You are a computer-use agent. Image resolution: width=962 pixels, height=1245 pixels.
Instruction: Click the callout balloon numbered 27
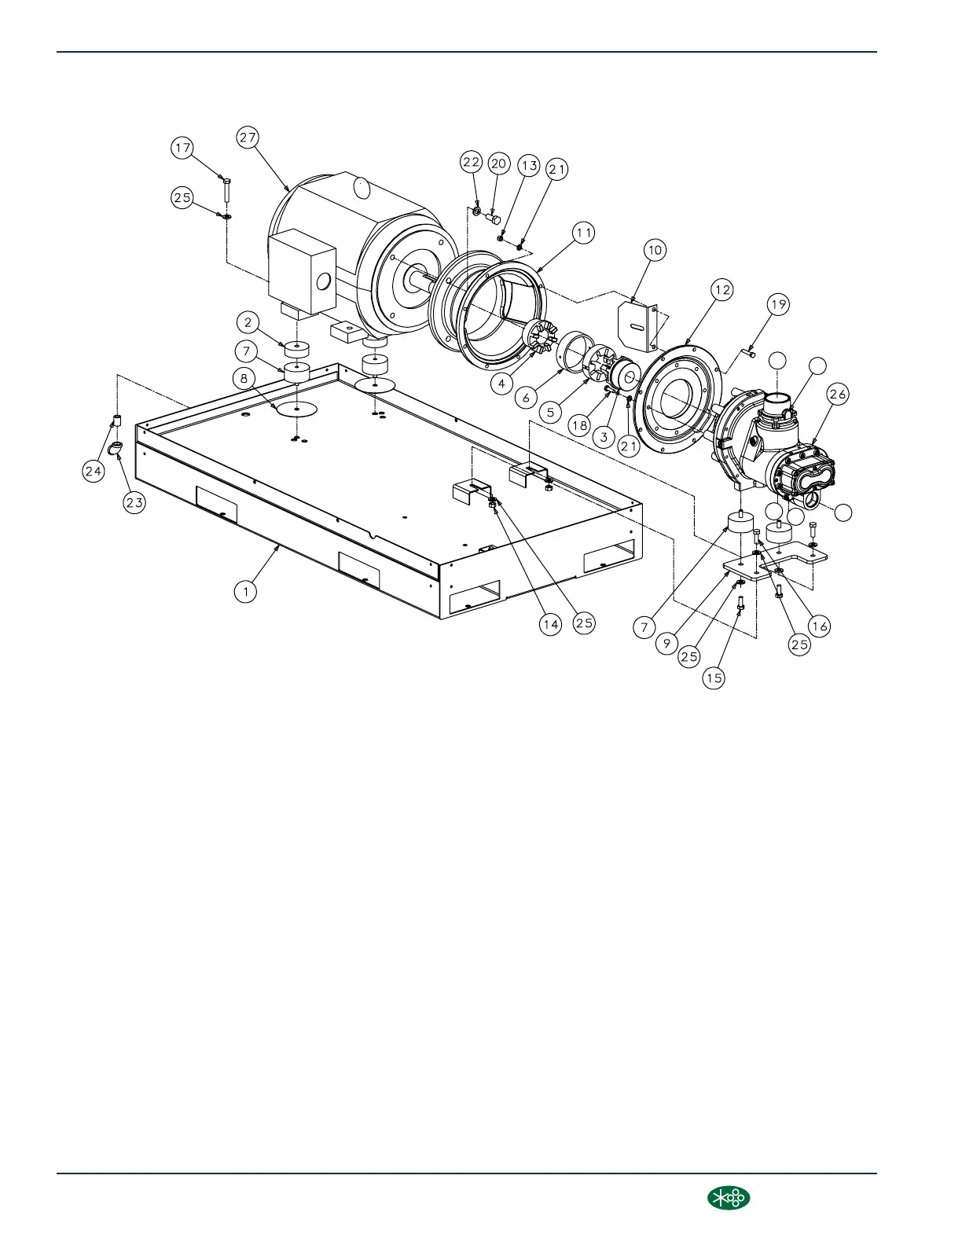click(x=248, y=138)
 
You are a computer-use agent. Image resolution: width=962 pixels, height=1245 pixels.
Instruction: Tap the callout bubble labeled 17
click(x=182, y=148)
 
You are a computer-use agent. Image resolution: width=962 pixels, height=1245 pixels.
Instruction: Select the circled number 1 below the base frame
click(x=246, y=591)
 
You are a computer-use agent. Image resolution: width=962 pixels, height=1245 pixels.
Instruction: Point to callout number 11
click(x=583, y=233)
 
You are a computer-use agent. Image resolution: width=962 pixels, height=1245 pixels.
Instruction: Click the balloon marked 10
click(x=655, y=251)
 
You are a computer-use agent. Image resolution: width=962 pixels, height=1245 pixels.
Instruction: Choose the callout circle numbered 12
click(x=721, y=290)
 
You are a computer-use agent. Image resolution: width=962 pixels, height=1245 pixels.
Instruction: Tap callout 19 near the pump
click(x=778, y=305)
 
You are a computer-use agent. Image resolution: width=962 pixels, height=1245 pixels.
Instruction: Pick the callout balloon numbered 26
click(x=838, y=395)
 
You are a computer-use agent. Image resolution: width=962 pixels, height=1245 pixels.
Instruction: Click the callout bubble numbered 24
click(x=94, y=471)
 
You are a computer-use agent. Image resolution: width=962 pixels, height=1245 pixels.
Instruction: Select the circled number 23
click(x=134, y=503)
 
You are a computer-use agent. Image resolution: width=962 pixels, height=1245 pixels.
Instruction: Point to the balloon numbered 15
click(x=714, y=678)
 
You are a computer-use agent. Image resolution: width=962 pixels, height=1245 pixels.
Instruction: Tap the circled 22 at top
click(x=471, y=162)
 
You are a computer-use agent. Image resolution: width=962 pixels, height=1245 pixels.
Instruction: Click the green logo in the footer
click(x=729, y=1197)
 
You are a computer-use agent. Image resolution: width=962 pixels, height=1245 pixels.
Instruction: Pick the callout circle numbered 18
click(x=579, y=425)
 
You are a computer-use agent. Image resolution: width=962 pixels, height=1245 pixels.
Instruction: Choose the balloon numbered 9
click(x=666, y=642)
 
